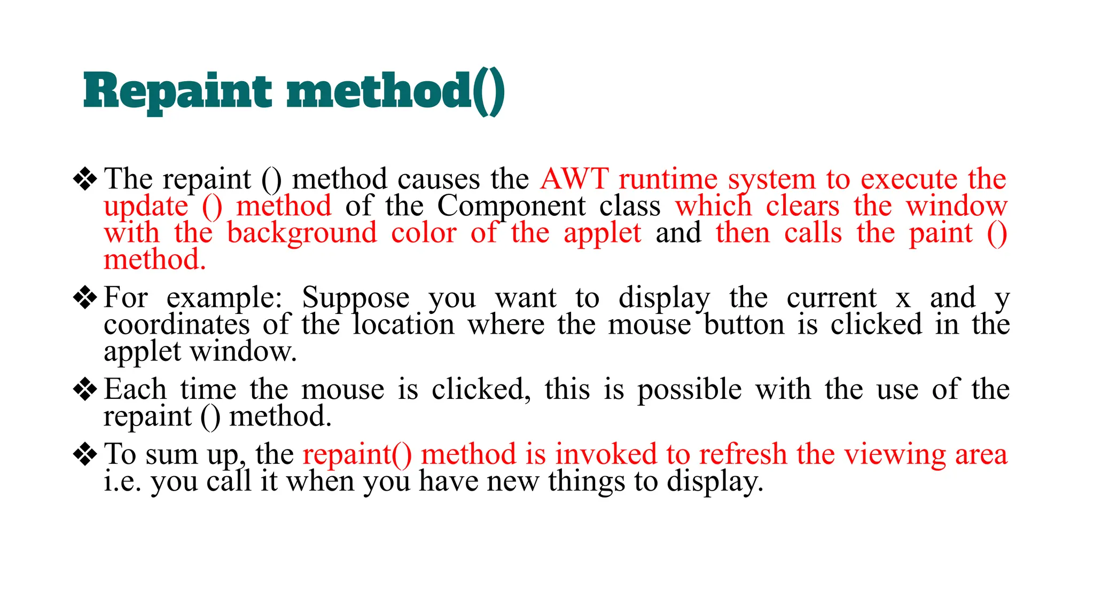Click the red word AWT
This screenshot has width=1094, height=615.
click(574, 179)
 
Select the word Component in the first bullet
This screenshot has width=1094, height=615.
click(511, 206)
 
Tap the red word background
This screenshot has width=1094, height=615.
click(302, 233)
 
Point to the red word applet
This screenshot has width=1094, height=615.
click(602, 233)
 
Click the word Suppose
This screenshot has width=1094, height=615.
click(356, 298)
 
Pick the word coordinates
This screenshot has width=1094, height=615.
click(176, 325)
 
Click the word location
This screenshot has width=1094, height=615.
click(403, 325)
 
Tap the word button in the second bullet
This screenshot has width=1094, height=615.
click(744, 325)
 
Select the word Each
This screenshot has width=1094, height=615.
click(135, 389)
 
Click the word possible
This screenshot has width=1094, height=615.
click(690, 390)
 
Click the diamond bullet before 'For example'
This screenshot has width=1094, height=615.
click(85, 297)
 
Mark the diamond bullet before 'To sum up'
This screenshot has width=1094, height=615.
click(85, 454)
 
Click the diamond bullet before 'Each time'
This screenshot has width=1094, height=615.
click(85, 389)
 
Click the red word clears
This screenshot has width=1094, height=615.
click(802, 206)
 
